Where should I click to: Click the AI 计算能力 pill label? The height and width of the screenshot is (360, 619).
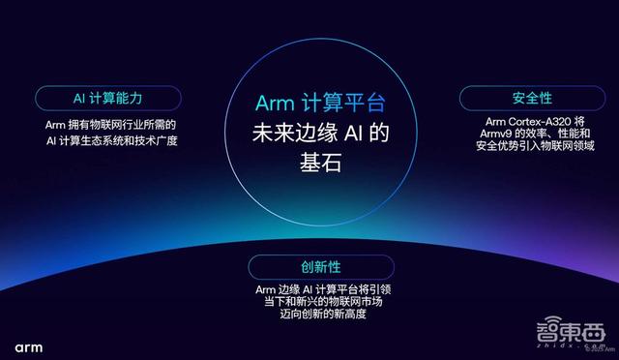(108, 99)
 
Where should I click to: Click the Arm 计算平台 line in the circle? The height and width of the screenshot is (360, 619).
(309, 104)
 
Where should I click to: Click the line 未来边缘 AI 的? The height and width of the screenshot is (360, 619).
(309, 133)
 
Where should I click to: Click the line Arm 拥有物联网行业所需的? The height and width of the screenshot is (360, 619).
(108, 126)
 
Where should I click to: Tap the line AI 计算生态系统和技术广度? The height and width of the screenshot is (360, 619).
(108, 141)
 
